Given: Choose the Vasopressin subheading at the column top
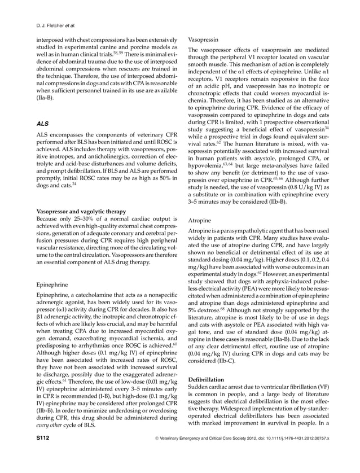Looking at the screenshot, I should [204, 41].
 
